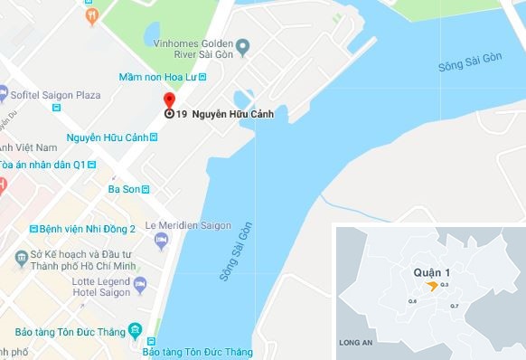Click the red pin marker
[x=168, y=101]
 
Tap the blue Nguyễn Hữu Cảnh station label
[x=108, y=137]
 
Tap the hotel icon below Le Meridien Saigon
[x=162, y=240]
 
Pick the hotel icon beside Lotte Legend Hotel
[x=140, y=286]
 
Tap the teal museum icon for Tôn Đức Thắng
[x=135, y=329]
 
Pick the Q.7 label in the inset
[x=454, y=307]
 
